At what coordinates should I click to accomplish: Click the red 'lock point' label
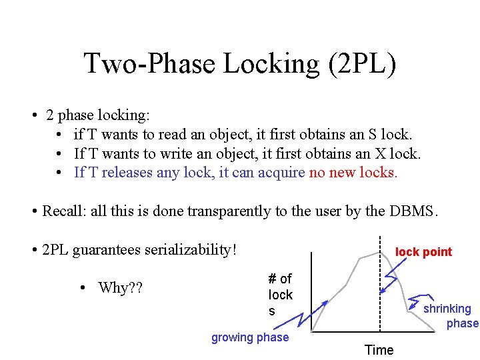coord(423,252)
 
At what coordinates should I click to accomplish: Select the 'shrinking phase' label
coord(451,316)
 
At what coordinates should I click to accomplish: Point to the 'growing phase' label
coord(250,337)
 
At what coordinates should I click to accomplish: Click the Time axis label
coord(379,350)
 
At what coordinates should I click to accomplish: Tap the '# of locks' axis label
coord(280,294)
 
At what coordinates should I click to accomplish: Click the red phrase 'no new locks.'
coord(353,173)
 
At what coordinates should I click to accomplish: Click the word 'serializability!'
coord(189,250)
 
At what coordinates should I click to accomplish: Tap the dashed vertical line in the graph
coord(379,293)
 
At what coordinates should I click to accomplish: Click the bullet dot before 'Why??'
coord(81,288)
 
